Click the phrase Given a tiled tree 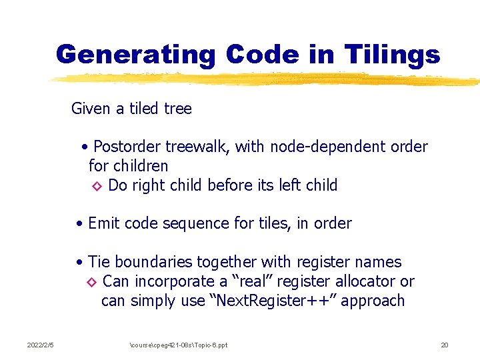coord(131,109)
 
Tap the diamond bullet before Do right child coord(96,186)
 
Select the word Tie coord(99,262)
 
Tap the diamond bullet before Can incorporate coord(93,283)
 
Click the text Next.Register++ coord(274,301)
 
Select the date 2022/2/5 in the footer coord(40,345)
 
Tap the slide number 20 coord(445,345)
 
